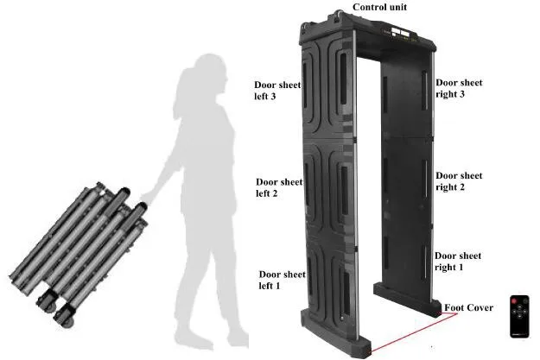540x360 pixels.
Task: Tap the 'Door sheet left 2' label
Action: (x=279, y=187)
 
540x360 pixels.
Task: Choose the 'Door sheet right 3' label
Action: (x=458, y=88)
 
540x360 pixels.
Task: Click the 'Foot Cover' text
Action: (x=469, y=308)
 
